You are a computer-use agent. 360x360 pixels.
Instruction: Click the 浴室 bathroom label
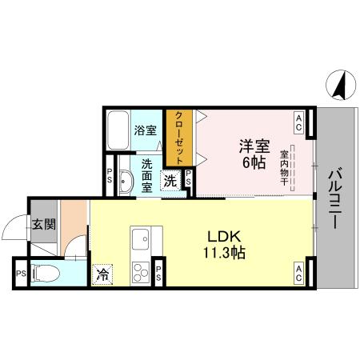pyautogui.click(x=145, y=130)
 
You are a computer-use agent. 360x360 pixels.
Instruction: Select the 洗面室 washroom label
pyautogui.click(x=146, y=175)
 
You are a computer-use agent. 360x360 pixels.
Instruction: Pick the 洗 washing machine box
pyautogui.click(x=170, y=181)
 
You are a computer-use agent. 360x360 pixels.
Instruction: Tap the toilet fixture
pyautogui.click(x=49, y=273)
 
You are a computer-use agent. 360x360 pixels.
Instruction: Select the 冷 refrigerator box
pyautogui.click(x=102, y=274)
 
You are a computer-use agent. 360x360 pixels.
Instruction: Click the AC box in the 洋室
pyautogui.click(x=298, y=122)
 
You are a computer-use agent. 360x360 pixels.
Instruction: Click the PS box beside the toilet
pyautogui.click(x=19, y=273)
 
